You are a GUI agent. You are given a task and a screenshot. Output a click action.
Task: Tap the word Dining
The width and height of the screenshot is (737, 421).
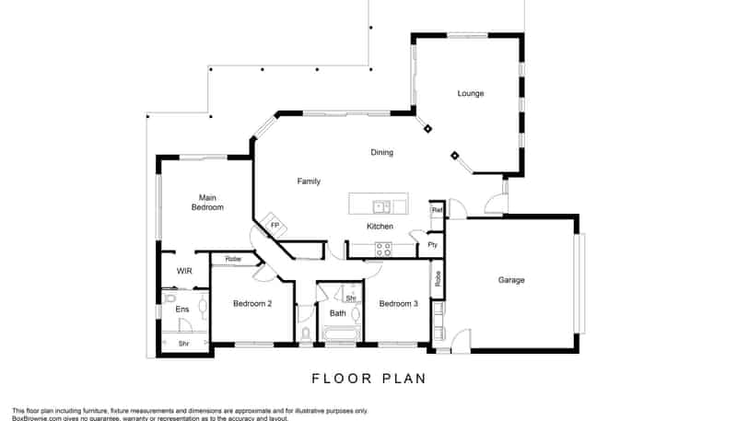(x=381, y=152)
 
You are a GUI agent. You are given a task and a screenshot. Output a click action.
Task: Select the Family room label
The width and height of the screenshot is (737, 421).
(x=309, y=181)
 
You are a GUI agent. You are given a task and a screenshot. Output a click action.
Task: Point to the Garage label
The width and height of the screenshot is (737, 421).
(x=511, y=280)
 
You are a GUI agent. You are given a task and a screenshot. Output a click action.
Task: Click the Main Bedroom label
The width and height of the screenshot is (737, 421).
(x=207, y=202)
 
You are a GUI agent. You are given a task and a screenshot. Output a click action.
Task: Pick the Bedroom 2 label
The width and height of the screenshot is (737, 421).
(x=252, y=304)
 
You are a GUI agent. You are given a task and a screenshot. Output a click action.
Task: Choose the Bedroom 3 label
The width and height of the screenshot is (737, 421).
(x=398, y=304)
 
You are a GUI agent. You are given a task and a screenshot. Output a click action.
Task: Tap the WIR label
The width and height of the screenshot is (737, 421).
(x=183, y=271)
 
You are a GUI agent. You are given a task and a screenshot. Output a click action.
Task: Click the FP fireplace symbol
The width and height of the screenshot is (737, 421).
(x=274, y=225)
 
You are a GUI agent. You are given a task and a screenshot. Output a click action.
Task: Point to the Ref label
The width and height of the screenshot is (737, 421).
(x=437, y=211)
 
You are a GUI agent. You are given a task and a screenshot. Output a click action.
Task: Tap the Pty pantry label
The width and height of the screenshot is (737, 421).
(x=431, y=245)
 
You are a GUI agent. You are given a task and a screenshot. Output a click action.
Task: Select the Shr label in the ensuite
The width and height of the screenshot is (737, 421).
(x=182, y=343)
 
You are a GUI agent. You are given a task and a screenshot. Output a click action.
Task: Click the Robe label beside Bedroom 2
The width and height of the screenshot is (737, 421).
(x=232, y=260)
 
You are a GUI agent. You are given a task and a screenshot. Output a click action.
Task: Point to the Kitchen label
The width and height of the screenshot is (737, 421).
(x=380, y=227)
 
